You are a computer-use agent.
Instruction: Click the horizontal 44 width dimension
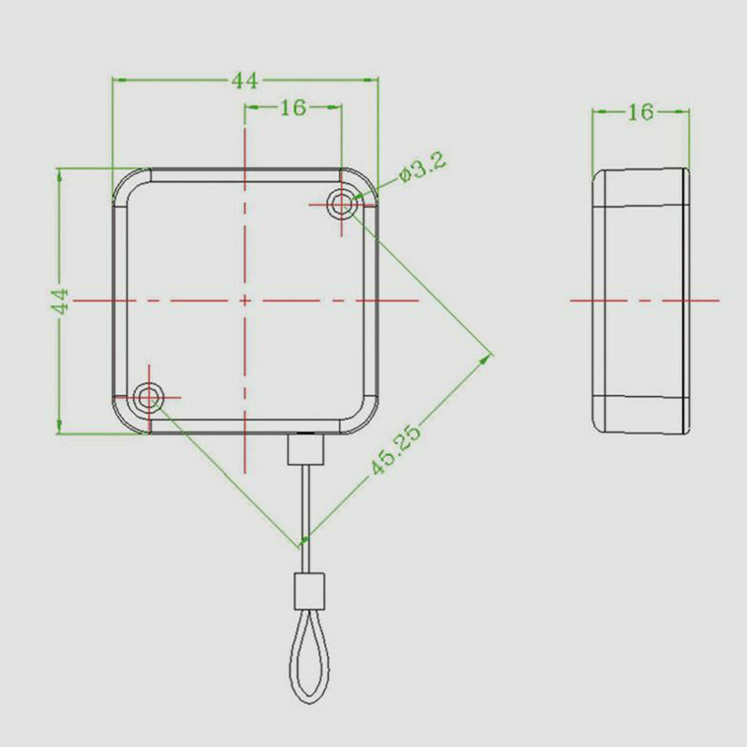(245, 81)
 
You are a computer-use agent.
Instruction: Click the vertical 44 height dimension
(60, 301)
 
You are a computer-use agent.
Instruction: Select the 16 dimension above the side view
(641, 112)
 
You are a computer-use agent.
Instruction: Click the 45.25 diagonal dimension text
(396, 451)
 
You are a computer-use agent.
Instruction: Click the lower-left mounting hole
(149, 397)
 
